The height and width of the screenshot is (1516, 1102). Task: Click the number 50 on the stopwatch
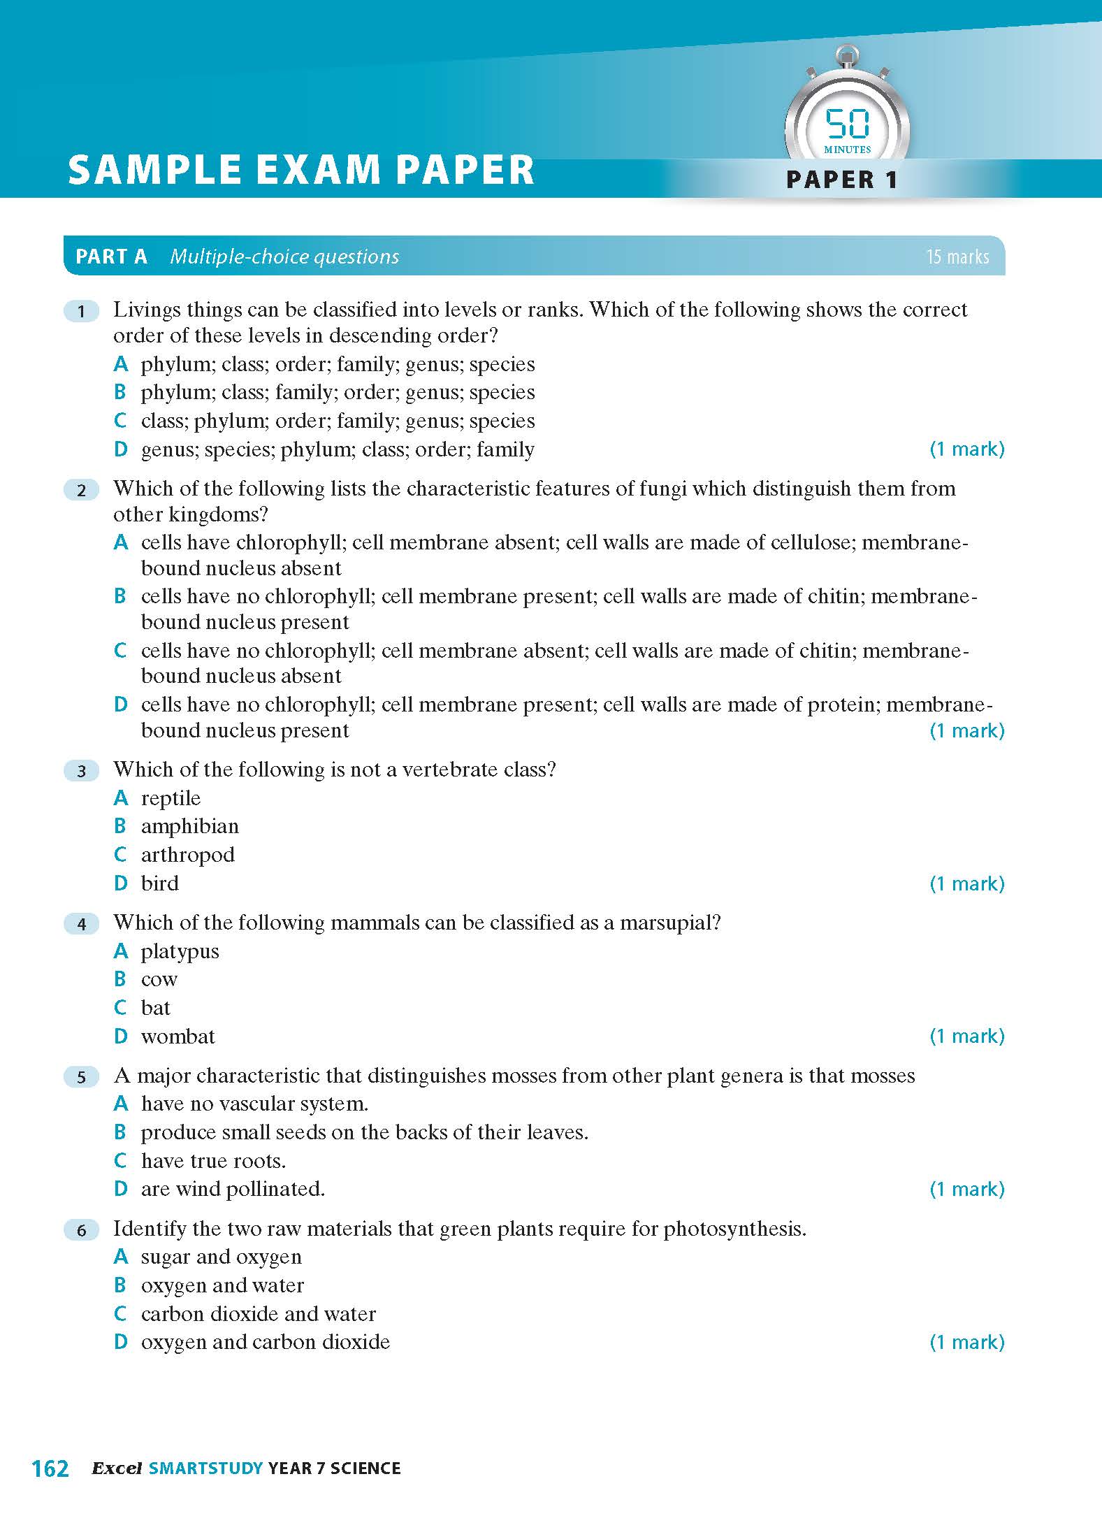[848, 124]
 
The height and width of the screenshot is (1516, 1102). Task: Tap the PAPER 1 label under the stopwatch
[841, 180]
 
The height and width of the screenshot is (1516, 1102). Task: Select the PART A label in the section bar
[111, 257]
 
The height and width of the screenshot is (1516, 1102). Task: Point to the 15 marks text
[957, 257]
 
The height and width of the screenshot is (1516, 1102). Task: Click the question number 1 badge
[82, 311]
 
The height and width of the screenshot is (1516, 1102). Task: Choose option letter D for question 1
[121, 449]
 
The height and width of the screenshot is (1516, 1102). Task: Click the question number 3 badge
[82, 771]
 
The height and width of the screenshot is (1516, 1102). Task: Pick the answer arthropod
[187, 855]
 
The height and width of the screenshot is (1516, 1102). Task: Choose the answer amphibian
[189, 826]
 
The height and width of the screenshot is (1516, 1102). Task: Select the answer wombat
[177, 1037]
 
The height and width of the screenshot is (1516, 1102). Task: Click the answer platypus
[180, 951]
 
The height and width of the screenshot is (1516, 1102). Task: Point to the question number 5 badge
[82, 1077]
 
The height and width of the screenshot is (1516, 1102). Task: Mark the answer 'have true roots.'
[213, 1161]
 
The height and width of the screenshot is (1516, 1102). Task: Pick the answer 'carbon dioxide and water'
[258, 1314]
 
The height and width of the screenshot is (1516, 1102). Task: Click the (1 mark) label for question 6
[966, 1342]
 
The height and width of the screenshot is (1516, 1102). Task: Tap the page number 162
[50, 1468]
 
